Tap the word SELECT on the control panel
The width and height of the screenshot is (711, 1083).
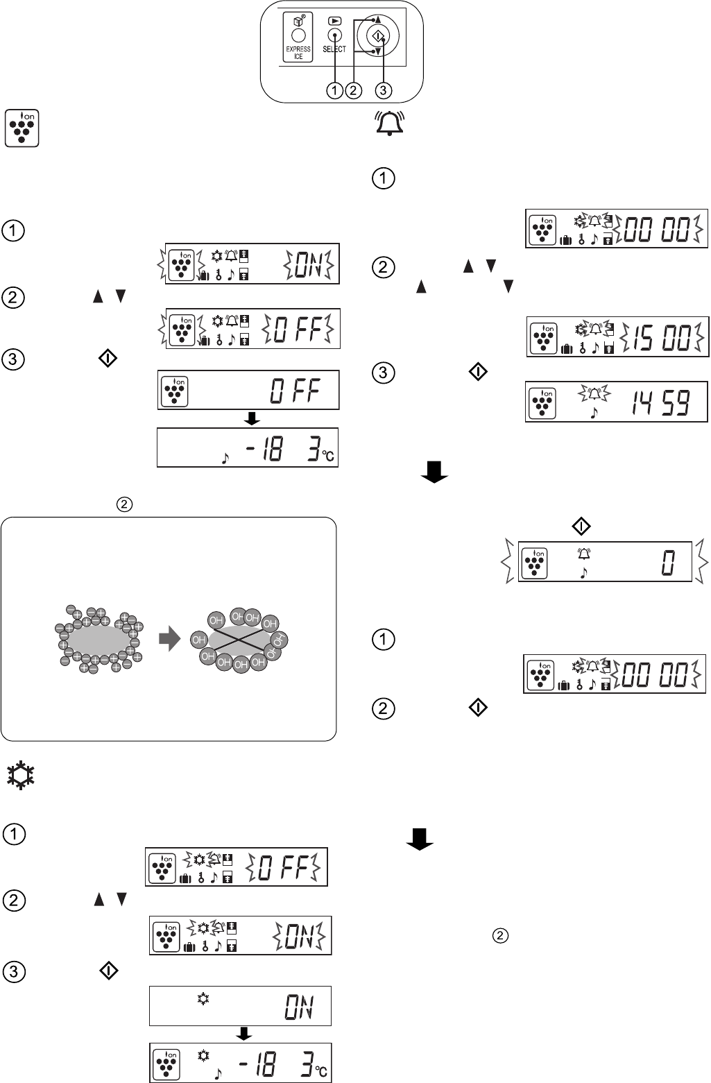(x=334, y=49)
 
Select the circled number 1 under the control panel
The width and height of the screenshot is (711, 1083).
(x=334, y=90)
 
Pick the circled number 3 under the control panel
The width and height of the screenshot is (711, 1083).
(x=384, y=90)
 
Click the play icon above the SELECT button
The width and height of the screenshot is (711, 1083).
(x=334, y=21)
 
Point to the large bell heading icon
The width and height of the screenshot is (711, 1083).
(x=390, y=123)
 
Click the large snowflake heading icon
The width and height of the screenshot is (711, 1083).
(x=21, y=776)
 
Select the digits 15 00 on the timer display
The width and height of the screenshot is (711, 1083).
(x=662, y=337)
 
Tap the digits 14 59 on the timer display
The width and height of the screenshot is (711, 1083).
(x=661, y=402)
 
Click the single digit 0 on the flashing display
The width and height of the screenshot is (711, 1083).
(x=668, y=562)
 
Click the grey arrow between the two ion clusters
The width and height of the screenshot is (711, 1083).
(x=170, y=639)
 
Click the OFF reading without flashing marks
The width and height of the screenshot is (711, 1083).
(x=295, y=391)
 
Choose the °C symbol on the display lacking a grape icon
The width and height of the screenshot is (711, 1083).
(x=327, y=456)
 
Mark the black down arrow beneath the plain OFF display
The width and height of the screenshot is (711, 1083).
(x=252, y=418)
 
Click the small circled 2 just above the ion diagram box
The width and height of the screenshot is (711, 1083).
(x=124, y=504)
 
